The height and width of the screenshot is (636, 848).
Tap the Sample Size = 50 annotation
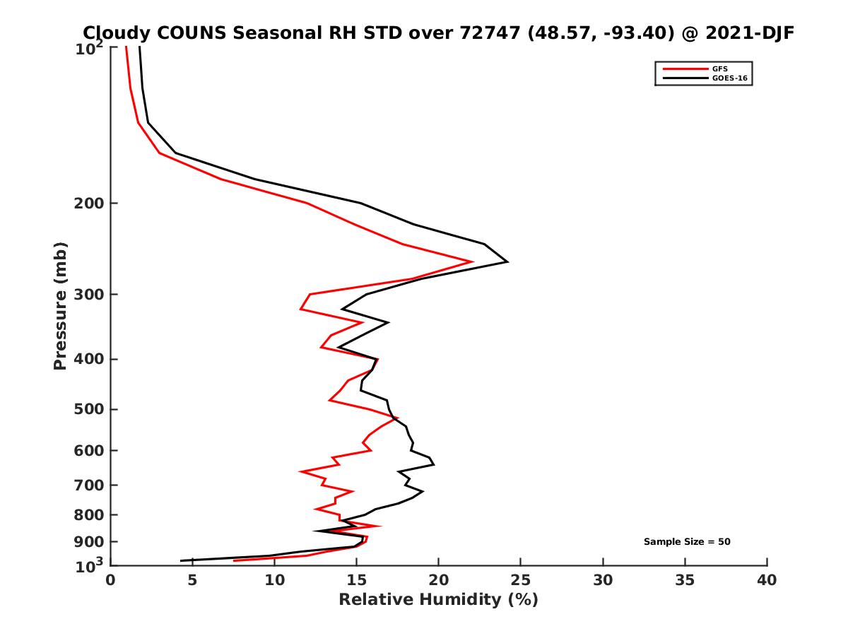(686, 542)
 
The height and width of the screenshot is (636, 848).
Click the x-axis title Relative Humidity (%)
(438, 600)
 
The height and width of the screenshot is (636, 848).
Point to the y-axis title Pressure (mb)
(60, 306)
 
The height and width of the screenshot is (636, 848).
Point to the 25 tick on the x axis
(520, 580)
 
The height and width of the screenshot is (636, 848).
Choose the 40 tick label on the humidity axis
(766, 580)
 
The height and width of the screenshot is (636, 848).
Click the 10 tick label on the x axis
(274, 580)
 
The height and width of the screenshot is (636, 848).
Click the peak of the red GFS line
(472, 261)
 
